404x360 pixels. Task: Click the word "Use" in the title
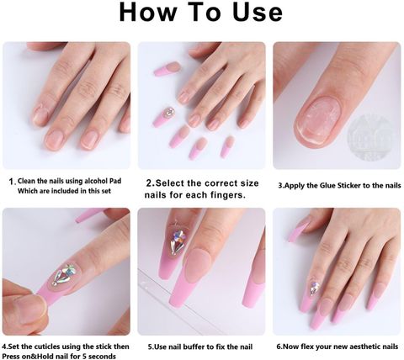click(x=258, y=12)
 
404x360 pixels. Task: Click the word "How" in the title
click(x=148, y=12)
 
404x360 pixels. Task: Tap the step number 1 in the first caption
click(x=11, y=182)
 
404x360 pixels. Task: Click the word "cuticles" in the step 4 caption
click(x=47, y=347)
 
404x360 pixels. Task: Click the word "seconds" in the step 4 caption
click(x=104, y=357)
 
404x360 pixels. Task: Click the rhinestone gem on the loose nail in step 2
click(x=169, y=112)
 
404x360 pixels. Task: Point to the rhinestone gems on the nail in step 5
click(x=178, y=241)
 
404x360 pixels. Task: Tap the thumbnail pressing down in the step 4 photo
click(x=33, y=310)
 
